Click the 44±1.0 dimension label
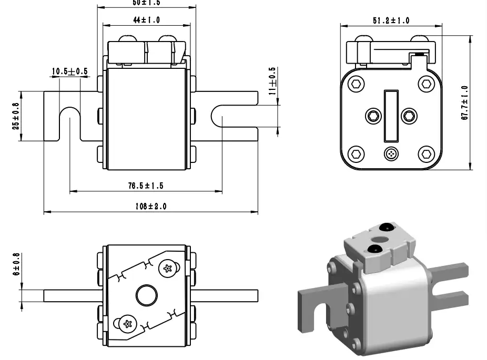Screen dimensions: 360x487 146,20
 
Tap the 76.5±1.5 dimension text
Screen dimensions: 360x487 146,186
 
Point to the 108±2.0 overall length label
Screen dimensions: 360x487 150,207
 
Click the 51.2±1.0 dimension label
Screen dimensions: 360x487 391,20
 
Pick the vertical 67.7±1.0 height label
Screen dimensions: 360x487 464,103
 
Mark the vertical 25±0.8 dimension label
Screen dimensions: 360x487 16,116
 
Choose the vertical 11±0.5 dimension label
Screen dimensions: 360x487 272,80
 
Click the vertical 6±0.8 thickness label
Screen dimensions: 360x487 16,264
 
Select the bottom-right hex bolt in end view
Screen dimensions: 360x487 425,155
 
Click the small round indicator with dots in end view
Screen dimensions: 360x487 391,155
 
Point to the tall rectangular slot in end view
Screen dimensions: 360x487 391,116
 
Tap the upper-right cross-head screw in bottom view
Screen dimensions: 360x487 168,269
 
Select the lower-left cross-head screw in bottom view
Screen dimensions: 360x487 126,323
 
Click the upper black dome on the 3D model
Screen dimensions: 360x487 387,228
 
